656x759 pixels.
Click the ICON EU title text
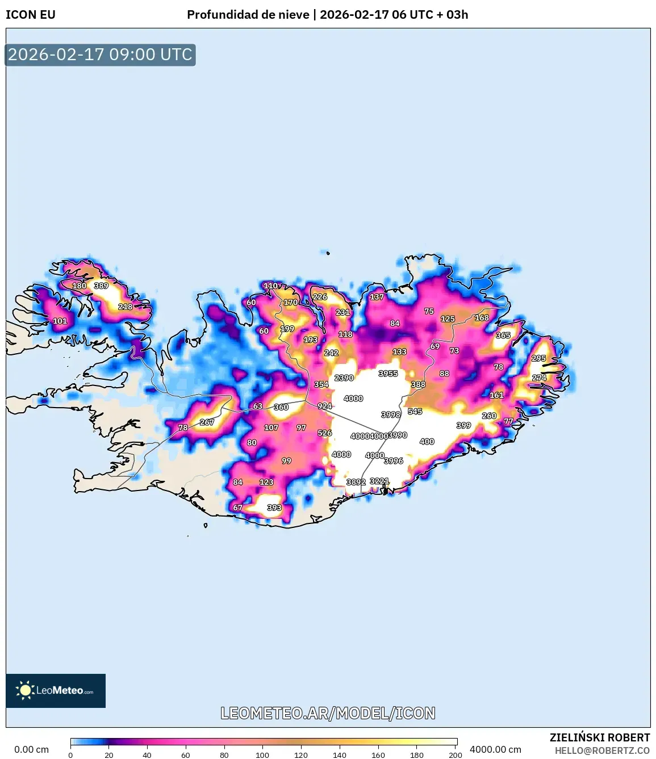point(31,15)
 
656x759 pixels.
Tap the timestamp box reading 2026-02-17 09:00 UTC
point(101,55)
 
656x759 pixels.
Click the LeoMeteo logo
point(56,690)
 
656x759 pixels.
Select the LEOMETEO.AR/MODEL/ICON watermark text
point(328,713)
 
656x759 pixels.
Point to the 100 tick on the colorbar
point(262,755)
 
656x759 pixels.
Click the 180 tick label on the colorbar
point(416,755)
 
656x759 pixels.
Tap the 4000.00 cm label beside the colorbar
point(495,749)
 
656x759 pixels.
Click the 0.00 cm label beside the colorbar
point(31,749)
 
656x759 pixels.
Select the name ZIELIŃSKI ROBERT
point(599,737)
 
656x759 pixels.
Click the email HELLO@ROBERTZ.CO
point(601,750)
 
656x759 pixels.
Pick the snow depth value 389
point(101,286)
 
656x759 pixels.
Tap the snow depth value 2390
point(344,378)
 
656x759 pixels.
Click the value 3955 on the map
point(388,374)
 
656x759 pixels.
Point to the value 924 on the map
point(324,406)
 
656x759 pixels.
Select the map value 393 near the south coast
point(274,508)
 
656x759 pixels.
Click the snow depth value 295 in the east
point(538,358)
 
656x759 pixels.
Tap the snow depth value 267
point(207,422)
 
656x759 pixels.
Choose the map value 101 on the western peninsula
point(60,321)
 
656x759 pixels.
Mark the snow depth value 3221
point(379,481)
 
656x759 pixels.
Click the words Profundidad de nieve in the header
point(248,15)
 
